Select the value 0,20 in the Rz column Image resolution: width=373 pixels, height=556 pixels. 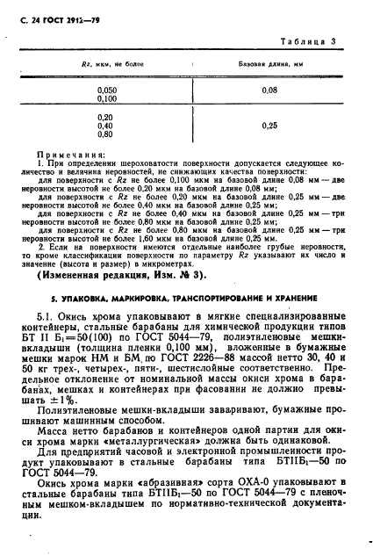point(106,117)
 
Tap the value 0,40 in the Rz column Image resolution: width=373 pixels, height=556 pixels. point(106,126)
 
